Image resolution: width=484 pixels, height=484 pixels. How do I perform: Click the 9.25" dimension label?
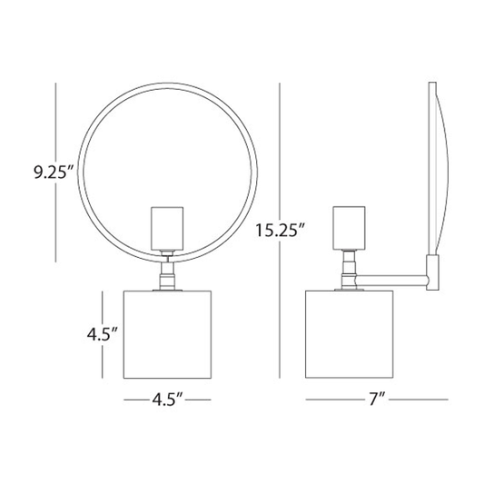54,173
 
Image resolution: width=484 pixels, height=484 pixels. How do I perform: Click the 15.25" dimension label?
281,231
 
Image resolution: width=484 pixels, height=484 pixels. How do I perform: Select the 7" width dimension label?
377,400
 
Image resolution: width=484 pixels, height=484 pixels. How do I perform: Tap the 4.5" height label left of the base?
103,334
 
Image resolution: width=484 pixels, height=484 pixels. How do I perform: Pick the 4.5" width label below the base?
168,400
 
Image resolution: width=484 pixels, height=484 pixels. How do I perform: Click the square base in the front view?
167,334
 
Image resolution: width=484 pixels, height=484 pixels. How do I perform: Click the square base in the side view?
349,334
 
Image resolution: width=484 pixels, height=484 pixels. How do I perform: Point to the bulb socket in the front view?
167,228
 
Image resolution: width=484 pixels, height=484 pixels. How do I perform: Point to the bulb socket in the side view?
349,228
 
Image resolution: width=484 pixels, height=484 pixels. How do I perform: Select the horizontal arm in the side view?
391,280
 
